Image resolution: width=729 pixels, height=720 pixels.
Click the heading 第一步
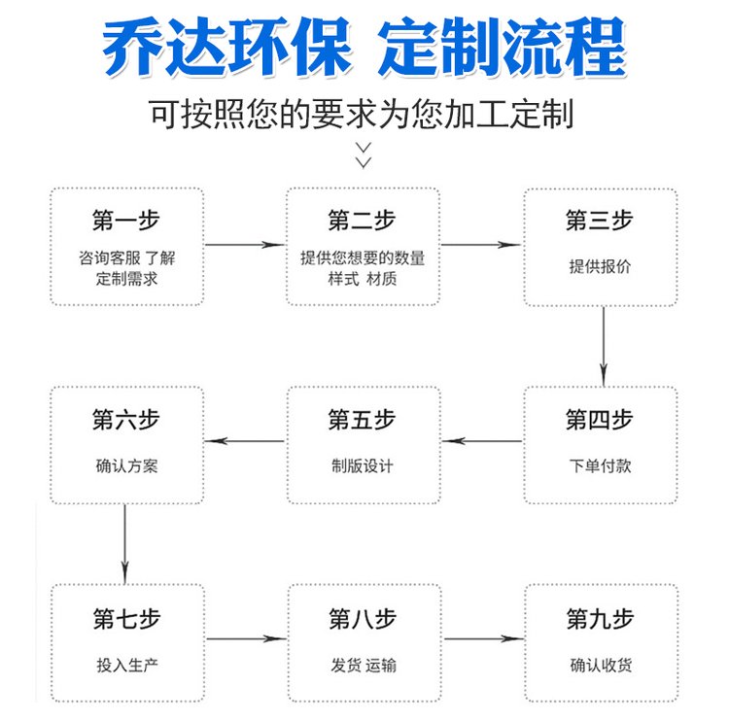click(126, 220)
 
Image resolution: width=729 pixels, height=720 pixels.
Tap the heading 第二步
click(362, 220)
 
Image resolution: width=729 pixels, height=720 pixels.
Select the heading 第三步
click(600, 220)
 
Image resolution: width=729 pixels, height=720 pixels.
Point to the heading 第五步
click(362, 419)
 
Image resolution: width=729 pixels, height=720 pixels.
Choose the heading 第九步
click(601, 619)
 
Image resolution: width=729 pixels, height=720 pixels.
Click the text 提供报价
click(600, 266)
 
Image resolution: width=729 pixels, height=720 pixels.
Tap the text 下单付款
click(600, 465)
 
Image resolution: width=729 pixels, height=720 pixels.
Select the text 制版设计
click(363, 465)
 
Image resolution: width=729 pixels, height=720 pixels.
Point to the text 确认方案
click(126, 465)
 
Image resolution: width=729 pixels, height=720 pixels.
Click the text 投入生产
click(127, 666)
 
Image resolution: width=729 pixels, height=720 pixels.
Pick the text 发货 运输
click(364, 666)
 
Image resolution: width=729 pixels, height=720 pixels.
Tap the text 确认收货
click(601, 666)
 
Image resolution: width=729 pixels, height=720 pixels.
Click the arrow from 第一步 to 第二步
click(245, 245)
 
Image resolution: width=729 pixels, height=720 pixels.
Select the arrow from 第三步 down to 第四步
click(604, 346)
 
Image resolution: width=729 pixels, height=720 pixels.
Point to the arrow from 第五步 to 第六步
click(245, 440)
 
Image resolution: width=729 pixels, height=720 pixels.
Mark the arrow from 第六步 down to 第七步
click(124, 544)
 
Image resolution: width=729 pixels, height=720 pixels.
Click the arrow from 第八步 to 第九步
click(484, 638)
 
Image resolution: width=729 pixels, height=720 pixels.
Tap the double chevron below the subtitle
click(364, 154)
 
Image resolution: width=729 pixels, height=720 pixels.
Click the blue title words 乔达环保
click(226, 47)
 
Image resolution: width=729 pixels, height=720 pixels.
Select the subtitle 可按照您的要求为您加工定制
click(362, 114)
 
